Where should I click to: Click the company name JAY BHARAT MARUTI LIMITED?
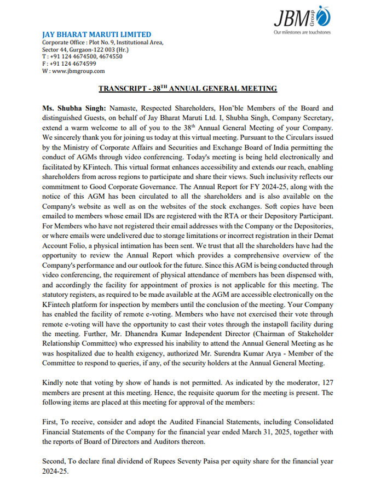(x=97, y=35)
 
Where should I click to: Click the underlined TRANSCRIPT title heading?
(x=187, y=88)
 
